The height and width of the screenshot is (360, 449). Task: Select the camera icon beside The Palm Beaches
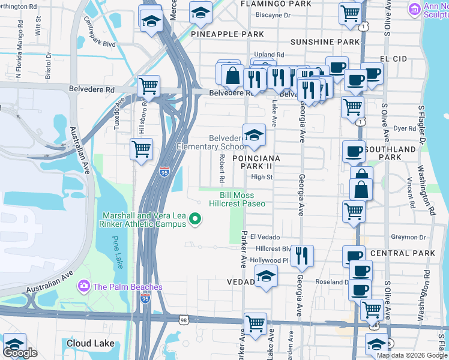83,286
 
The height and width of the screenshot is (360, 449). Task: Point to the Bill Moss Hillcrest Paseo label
237,199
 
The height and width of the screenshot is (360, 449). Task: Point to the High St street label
262,177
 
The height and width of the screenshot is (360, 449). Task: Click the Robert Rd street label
221,168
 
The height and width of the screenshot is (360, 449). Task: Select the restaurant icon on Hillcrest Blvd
303,256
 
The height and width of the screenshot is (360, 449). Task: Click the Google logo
20,353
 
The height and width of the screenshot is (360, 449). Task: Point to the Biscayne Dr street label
273,15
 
